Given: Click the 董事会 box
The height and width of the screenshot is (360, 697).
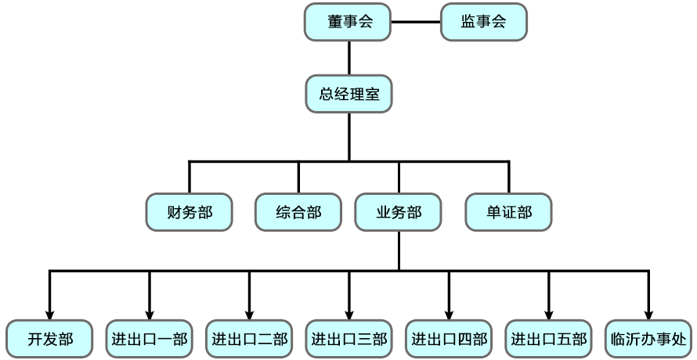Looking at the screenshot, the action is pos(348,22).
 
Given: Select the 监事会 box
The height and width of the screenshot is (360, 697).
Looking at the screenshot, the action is pos(484,22).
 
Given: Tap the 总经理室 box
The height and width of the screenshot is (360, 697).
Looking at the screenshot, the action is pos(349,94).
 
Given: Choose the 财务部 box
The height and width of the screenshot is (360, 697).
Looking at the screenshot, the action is pos(190,212).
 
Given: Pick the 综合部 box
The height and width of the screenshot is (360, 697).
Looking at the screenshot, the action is pos(298,212).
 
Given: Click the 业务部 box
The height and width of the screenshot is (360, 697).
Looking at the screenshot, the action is pos(399,212).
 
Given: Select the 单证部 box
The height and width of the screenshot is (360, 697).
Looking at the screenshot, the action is pos(508,212).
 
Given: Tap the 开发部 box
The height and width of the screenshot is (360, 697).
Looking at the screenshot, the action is pos(49,339).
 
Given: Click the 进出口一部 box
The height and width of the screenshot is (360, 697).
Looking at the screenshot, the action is pos(150,339).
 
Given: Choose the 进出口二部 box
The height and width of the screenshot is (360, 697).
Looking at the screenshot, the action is pos(249,339).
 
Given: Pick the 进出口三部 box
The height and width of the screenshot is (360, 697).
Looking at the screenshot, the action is pos(349,339).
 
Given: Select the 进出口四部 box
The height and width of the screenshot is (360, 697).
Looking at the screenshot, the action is pos(449,339).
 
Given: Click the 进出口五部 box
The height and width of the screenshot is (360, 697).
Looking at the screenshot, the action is pos(548,339).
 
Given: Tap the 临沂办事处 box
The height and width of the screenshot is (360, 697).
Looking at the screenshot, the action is pos(648,339).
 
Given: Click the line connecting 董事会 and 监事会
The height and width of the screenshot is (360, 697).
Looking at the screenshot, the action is pos(416,22).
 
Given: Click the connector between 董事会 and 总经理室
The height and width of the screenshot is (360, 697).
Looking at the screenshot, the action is pos(349,58).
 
